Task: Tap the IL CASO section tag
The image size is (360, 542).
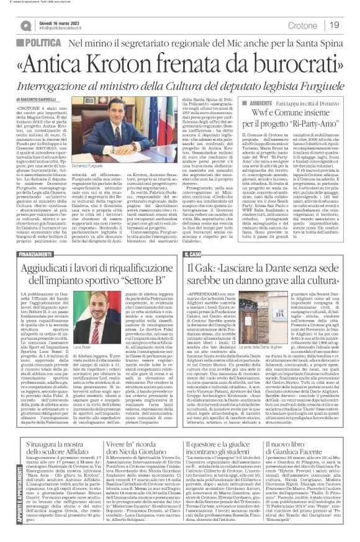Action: pos(193,254)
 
